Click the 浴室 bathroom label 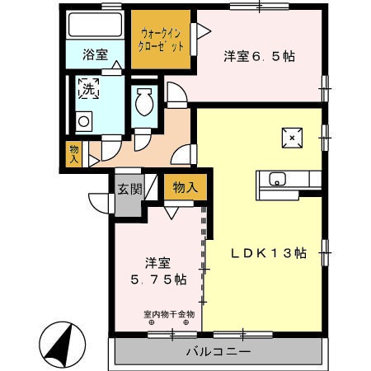(x=96, y=56)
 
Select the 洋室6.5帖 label (x=260, y=57)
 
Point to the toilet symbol (x=143, y=104)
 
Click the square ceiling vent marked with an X (x=291, y=138)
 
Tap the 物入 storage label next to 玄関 (x=184, y=188)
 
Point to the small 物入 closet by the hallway (x=74, y=153)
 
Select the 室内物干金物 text (x=168, y=314)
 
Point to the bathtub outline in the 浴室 (x=95, y=25)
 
